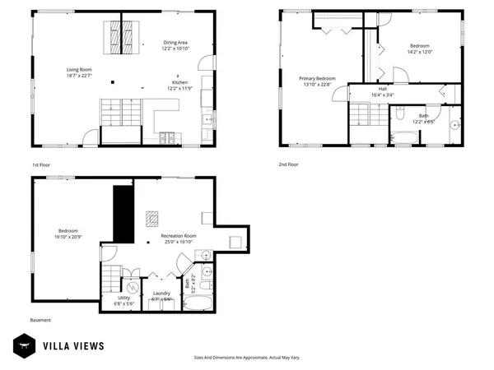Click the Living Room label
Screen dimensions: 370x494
coord(78,69)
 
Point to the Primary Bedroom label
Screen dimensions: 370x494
coord(316,78)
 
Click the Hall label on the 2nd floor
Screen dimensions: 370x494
coord(382,89)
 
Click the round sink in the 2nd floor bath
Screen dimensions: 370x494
coord(454,125)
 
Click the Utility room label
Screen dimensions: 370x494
coord(123,299)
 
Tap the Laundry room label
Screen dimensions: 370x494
coord(161,294)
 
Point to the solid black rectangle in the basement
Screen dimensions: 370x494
coord(123,212)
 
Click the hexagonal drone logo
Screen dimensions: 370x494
coord(22,345)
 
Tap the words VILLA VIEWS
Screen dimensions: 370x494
coord(74,345)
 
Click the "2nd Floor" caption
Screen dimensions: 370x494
coord(288,164)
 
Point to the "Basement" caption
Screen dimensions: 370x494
coord(40,320)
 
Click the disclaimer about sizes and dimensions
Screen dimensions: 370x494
coord(246,358)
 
